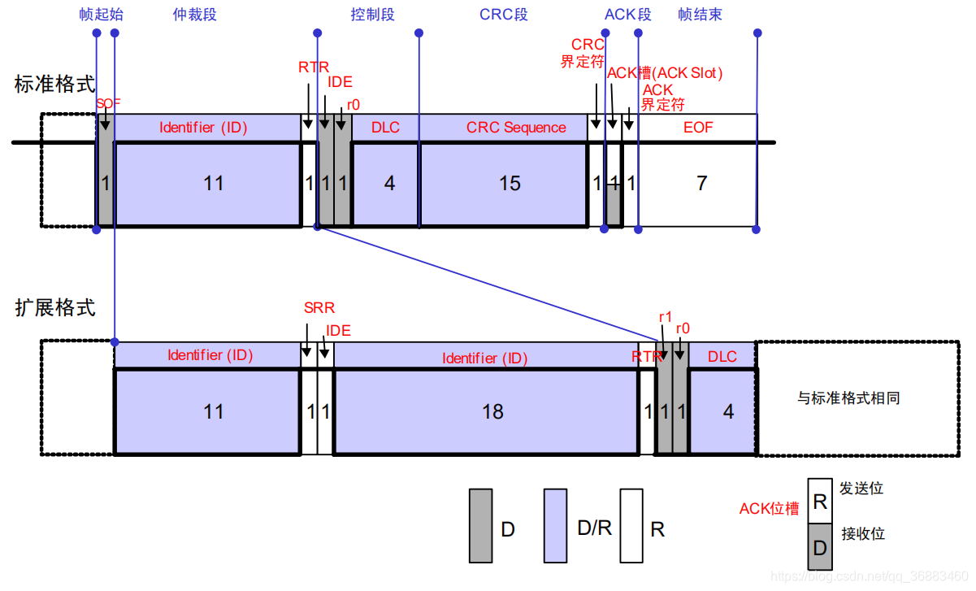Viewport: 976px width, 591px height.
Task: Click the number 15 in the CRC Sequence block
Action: (510, 184)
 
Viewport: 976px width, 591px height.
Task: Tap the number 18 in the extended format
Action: (492, 411)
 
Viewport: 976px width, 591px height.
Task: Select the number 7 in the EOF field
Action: (701, 184)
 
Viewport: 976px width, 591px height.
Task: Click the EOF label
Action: (697, 128)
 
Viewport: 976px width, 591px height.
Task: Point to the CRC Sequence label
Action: (516, 128)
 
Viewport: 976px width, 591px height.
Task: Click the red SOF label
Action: (108, 103)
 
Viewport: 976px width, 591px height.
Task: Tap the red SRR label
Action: (319, 308)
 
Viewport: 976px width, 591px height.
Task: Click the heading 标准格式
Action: (55, 84)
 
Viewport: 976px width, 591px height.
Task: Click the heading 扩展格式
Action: (55, 308)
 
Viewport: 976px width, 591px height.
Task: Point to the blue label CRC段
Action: (504, 15)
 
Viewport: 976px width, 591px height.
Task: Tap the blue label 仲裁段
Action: (195, 15)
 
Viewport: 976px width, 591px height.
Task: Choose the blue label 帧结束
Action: (700, 15)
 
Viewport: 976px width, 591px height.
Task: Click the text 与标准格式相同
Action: (848, 398)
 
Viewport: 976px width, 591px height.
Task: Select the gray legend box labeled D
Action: (481, 526)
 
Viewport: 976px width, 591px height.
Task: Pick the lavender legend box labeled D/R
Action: (556, 526)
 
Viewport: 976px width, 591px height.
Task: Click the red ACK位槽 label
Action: (769, 509)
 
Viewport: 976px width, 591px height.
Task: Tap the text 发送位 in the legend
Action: (861, 489)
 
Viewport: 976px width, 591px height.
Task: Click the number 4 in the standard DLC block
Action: (389, 184)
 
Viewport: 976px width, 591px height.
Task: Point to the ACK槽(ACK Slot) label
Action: (665, 73)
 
